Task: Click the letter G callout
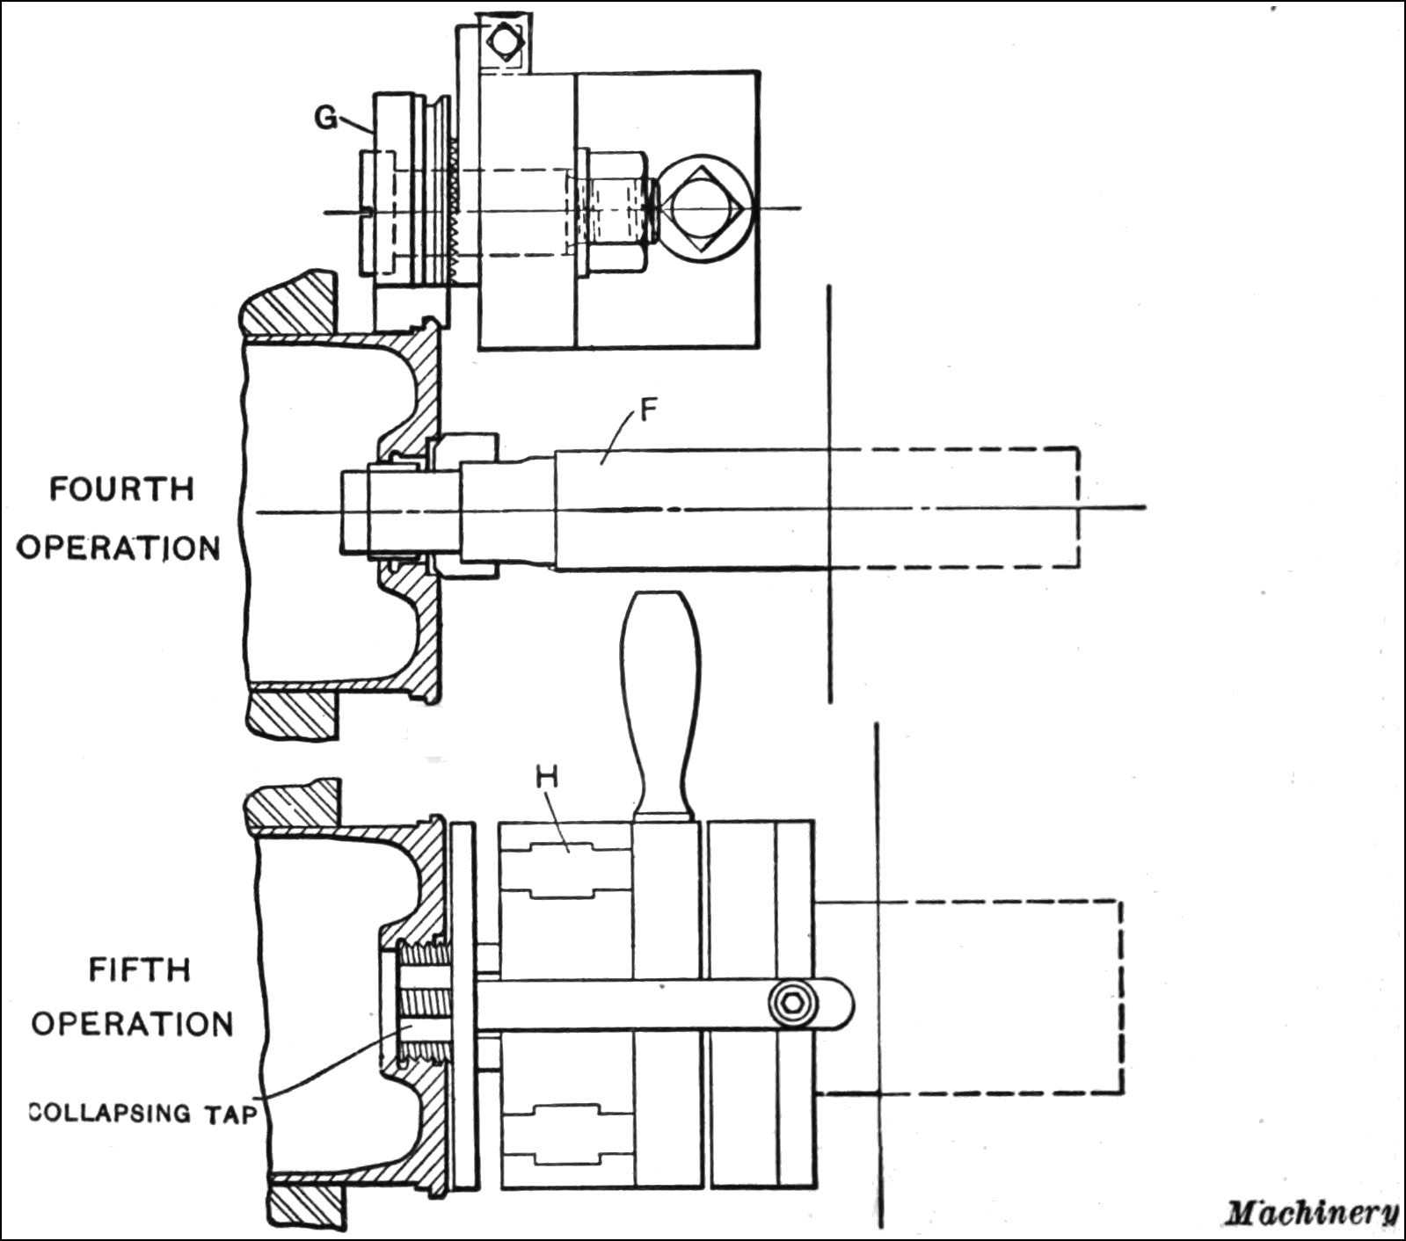(326, 117)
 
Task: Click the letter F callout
(649, 410)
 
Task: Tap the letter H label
(546, 777)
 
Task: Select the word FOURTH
(121, 489)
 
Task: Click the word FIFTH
(139, 969)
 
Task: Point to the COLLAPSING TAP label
(143, 1113)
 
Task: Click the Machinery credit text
(1311, 1214)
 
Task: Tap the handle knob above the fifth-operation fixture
(660, 694)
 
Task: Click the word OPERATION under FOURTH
(118, 548)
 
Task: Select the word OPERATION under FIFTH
(132, 1024)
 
